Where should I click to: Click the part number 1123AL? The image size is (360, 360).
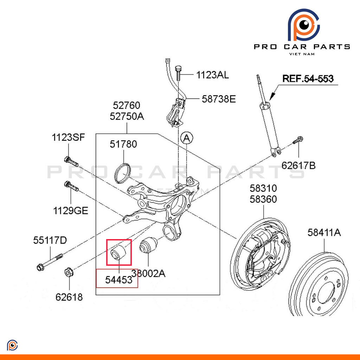tap(212, 75)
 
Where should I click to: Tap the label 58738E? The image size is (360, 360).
tap(218, 99)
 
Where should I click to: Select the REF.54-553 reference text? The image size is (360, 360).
tap(308, 78)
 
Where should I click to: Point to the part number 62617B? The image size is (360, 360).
tap(298, 165)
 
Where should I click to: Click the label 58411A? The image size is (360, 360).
tap(324, 232)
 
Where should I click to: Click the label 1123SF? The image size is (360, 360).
tap(69, 137)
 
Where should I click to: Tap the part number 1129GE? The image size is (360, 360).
tap(71, 211)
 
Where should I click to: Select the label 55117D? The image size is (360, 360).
tap(50, 240)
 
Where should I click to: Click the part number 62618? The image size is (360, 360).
tap(69, 297)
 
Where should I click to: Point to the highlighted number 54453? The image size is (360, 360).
tap(119, 280)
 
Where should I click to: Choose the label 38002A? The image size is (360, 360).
tap(148, 273)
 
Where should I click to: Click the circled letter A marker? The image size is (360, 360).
tap(186, 138)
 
